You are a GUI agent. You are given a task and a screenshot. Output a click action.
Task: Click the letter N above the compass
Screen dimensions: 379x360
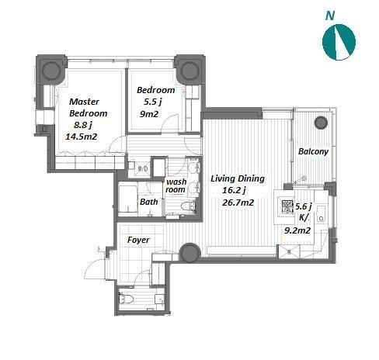(x=330, y=16)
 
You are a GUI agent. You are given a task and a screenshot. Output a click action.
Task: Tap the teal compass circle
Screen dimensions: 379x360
(x=339, y=42)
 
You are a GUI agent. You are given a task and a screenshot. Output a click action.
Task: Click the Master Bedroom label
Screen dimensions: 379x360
(x=88, y=107)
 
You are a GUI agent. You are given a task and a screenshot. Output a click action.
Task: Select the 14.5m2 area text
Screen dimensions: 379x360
(x=81, y=137)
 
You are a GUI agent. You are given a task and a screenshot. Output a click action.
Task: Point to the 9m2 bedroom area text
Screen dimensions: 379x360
(x=149, y=114)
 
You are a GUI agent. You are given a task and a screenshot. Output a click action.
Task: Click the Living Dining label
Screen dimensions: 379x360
(x=238, y=178)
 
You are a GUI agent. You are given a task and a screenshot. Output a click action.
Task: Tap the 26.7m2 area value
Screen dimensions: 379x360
(x=238, y=202)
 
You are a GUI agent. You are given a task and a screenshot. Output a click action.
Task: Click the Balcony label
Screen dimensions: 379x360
(x=313, y=151)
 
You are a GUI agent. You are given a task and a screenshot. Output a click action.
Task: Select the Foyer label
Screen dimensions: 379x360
(x=138, y=240)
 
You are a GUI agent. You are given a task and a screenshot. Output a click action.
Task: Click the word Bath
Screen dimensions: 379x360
(x=148, y=202)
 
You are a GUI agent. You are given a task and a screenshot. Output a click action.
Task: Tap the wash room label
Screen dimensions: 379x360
(x=176, y=185)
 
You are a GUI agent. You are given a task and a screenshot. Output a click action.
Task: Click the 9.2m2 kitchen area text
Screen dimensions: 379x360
(x=297, y=230)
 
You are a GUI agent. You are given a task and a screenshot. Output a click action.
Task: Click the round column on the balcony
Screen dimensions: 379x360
(x=321, y=123)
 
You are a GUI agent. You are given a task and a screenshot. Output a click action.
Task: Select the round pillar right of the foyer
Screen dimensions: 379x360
(x=189, y=253)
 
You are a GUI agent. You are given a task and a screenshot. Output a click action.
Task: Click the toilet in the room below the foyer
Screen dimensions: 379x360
(x=126, y=299)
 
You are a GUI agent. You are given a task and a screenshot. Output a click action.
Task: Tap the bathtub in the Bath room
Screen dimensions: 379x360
(x=127, y=199)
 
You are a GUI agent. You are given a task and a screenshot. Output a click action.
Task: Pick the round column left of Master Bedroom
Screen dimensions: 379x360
(x=51, y=71)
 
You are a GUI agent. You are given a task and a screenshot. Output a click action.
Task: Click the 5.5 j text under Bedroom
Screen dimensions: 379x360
(x=152, y=102)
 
